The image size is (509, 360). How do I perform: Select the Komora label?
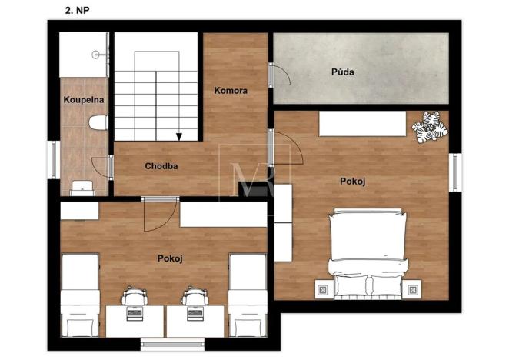[231, 91]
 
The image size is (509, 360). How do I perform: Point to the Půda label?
[342, 72]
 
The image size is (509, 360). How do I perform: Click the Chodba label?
[161, 165]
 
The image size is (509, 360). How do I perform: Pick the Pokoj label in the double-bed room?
[352, 181]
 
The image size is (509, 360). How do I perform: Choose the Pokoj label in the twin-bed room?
[169, 258]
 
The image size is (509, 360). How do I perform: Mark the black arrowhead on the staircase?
[178, 137]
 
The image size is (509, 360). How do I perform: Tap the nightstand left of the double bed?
[321, 290]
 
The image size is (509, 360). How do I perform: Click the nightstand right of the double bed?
[414, 290]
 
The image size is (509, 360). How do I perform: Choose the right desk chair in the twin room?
[195, 298]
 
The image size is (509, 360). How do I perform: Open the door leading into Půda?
[278, 75]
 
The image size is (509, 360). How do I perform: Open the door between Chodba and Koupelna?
[101, 167]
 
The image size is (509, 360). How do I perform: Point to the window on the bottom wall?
[172, 342]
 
